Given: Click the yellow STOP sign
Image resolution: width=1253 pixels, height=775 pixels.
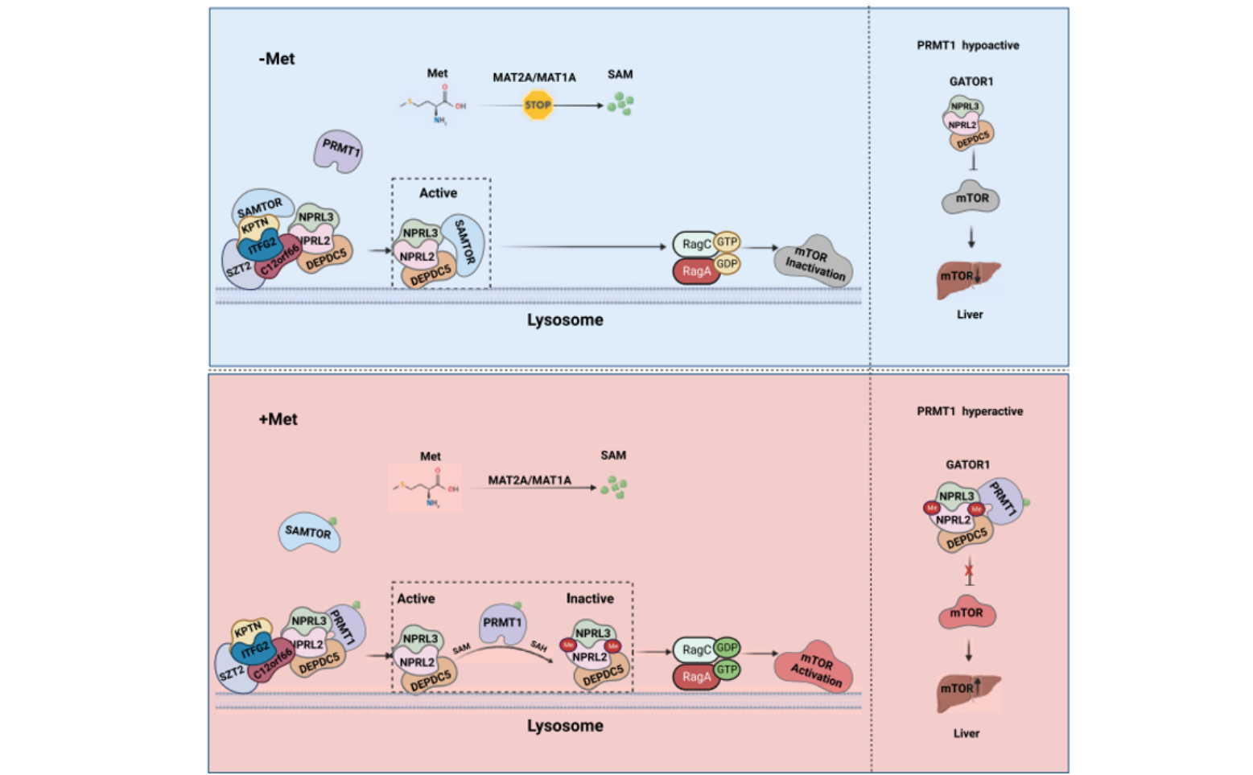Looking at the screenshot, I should coord(538,105).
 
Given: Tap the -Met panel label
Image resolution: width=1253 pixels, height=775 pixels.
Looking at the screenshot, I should coord(276,59).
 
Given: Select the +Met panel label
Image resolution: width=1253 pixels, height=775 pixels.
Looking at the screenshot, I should coord(278,419).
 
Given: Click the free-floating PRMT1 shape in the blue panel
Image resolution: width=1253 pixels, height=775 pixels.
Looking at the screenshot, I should coord(339,150).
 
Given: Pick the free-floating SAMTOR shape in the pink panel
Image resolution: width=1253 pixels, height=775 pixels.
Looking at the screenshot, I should coord(309,533).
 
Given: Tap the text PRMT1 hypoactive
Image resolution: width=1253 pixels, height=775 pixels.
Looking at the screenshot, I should coord(967,45).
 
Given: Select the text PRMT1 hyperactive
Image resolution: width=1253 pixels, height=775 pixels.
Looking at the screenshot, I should coord(970,411).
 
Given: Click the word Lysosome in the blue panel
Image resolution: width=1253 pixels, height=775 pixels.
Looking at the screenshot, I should coord(565,320).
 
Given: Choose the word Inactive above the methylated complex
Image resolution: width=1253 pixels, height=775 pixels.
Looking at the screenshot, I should coord(589,599).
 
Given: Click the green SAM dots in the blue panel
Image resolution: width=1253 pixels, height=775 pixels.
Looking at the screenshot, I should coord(620,104).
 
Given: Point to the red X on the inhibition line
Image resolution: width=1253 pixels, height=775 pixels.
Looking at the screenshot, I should coord(969,571).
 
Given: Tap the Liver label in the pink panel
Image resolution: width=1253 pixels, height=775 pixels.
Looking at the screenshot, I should coord(966,733).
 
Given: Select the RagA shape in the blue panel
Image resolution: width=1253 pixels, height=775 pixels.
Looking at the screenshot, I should coord(696,271).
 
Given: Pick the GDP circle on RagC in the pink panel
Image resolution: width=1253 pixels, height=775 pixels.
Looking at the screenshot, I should coord(727,648).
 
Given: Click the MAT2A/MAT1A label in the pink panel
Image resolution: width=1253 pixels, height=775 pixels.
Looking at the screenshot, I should coord(530,480).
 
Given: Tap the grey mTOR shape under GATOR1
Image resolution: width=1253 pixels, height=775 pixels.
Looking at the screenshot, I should coord(971,198).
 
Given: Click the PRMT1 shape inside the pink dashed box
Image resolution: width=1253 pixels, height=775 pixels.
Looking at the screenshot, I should coord(502,624).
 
